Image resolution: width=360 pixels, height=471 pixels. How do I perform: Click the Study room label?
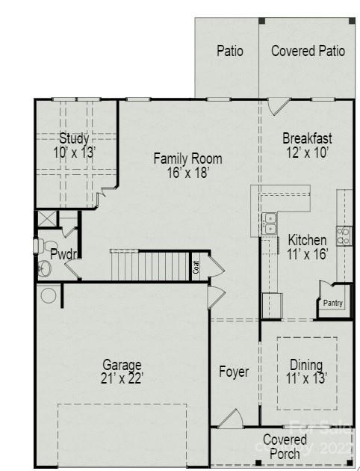click(74, 138)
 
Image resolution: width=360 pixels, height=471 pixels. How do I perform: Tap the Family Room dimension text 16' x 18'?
click(187, 172)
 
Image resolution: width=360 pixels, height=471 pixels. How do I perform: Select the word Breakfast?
click(307, 138)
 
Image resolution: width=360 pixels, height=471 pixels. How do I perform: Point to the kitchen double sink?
click(269, 223)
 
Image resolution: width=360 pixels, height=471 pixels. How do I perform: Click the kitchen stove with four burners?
click(344, 235)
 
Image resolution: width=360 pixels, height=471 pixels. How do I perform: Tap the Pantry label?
click(333, 303)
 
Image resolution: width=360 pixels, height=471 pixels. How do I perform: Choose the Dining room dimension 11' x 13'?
click(306, 378)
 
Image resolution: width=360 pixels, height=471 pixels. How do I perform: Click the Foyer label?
click(234, 372)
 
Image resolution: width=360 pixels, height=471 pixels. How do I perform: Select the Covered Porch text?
click(285, 446)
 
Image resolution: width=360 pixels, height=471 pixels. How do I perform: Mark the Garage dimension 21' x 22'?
click(122, 378)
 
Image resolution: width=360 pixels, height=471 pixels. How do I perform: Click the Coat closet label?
click(196, 266)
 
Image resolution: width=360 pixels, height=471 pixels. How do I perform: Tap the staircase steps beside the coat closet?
click(149, 265)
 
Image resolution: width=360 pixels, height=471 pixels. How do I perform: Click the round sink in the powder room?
click(44, 269)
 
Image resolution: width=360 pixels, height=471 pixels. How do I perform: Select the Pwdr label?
click(61, 254)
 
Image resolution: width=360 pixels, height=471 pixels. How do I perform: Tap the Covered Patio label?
click(308, 51)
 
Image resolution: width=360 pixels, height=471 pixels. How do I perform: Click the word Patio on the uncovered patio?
click(230, 51)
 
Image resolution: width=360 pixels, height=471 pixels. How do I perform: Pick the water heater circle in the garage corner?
click(49, 295)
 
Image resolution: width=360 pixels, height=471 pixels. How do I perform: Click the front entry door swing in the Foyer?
click(229, 419)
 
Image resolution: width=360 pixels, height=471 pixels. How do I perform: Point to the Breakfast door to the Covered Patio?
click(278, 107)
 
